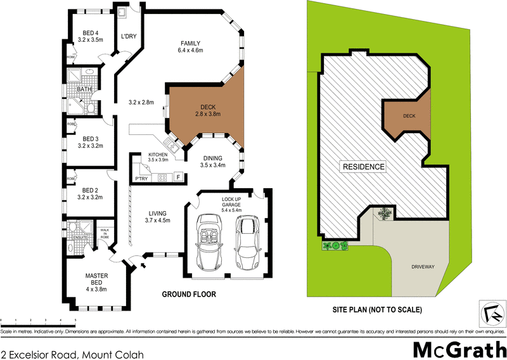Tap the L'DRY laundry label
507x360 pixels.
pos(129,36)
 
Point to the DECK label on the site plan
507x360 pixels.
pos(409,117)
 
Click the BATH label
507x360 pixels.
pos(84,89)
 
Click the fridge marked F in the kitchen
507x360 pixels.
pos(178,177)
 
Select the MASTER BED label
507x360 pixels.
pos(98,279)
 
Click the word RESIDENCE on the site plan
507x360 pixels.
pos(364,167)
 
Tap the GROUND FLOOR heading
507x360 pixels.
pos(189,294)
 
